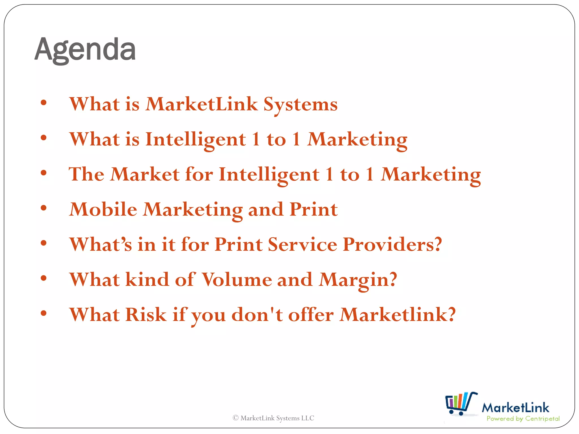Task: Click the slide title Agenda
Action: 85,50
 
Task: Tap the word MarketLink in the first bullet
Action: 201,104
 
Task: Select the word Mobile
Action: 103,209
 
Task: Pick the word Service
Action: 302,244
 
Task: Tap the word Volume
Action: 237,279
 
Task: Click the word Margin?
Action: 358,280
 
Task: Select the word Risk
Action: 146,314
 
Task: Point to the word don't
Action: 257,314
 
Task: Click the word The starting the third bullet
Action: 86,174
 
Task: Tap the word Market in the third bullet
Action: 145,174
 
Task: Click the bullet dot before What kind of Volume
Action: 44,278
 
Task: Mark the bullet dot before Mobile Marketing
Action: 44,208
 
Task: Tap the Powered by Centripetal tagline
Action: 523,419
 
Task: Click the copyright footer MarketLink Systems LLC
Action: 273,418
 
